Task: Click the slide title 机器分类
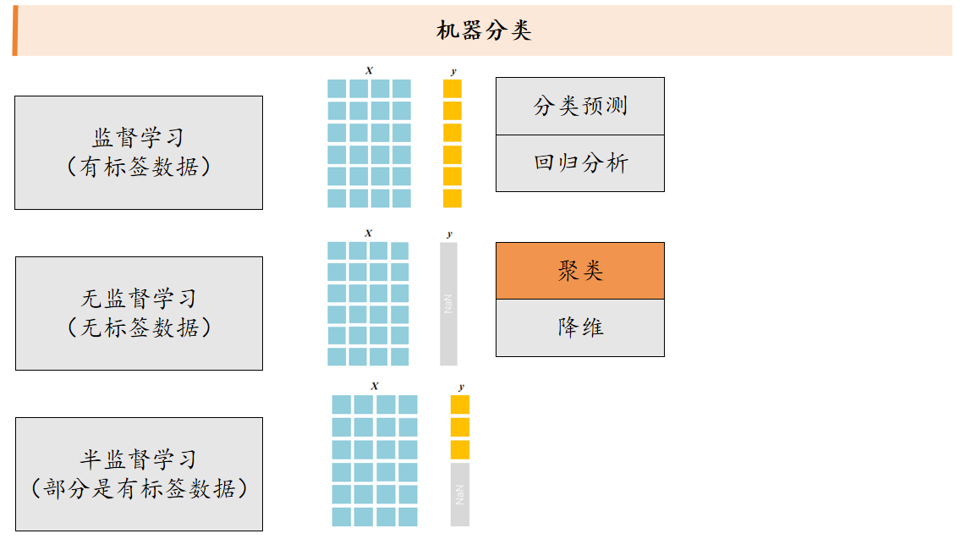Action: click(x=484, y=31)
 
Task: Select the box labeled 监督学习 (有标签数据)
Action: click(x=139, y=152)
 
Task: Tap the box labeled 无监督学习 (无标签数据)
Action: click(x=139, y=313)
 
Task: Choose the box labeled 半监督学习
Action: click(x=139, y=474)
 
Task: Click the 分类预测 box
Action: click(x=580, y=106)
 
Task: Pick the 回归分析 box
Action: click(x=580, y=163)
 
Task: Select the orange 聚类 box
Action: click(x=580, y=271)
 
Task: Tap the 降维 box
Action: click(x=580, y=327)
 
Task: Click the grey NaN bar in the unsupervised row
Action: click(x=448, y=304)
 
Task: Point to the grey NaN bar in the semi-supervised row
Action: click(x=459, y=494)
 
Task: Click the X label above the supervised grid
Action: click(x=369, y=71)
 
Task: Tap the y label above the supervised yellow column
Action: click(x=453, y=71)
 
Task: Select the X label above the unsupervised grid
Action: click(x=368, y=233)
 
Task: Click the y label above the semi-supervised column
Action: click(x=461, y=387)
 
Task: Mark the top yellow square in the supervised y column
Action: click(x=453, y=89)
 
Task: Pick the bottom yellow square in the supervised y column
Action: click(x=453, y=198)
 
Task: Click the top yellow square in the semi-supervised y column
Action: click(x=460, y=404)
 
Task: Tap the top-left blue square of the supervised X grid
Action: click(x=337, y=89)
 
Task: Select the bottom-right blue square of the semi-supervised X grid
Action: click(x=408, y=516)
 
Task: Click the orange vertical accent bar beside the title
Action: click(x=14, y=30)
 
